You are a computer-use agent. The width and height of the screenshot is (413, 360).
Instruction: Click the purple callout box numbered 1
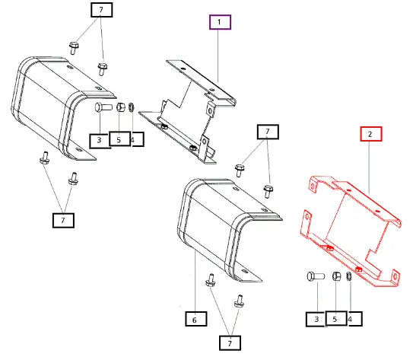pos(220,22)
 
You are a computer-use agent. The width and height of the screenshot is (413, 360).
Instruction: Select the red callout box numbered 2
pos(371,134)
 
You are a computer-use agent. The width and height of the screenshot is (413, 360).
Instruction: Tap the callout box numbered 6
pos(195,319)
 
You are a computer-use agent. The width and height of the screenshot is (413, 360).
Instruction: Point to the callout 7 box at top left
pos(102,10)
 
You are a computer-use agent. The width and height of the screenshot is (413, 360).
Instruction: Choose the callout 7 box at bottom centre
pos(230,343)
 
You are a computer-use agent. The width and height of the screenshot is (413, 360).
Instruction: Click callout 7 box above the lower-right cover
pos(268,132)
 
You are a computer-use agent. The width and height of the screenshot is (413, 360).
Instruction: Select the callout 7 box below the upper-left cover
pos(63,220)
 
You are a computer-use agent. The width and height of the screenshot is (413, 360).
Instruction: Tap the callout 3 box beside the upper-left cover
pos(100,141)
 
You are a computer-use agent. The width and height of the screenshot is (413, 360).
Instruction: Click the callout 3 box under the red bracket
pos(316,320)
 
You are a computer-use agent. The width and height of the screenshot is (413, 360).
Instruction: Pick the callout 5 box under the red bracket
pos(336,318)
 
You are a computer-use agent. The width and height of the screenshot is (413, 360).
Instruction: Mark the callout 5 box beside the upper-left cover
pos(120,139)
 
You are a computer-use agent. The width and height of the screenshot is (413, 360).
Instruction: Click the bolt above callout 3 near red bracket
pos(316,276)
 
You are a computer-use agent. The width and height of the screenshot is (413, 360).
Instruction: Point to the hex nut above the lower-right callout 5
pos(336,276)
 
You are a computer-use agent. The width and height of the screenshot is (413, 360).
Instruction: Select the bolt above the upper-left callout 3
pos(103,107)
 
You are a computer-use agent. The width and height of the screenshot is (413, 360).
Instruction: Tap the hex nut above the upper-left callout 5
pos(121,107)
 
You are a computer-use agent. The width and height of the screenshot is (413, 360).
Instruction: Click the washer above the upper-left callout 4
pos(132,107)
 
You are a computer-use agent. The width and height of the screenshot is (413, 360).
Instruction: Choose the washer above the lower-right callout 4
pos(349,276)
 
